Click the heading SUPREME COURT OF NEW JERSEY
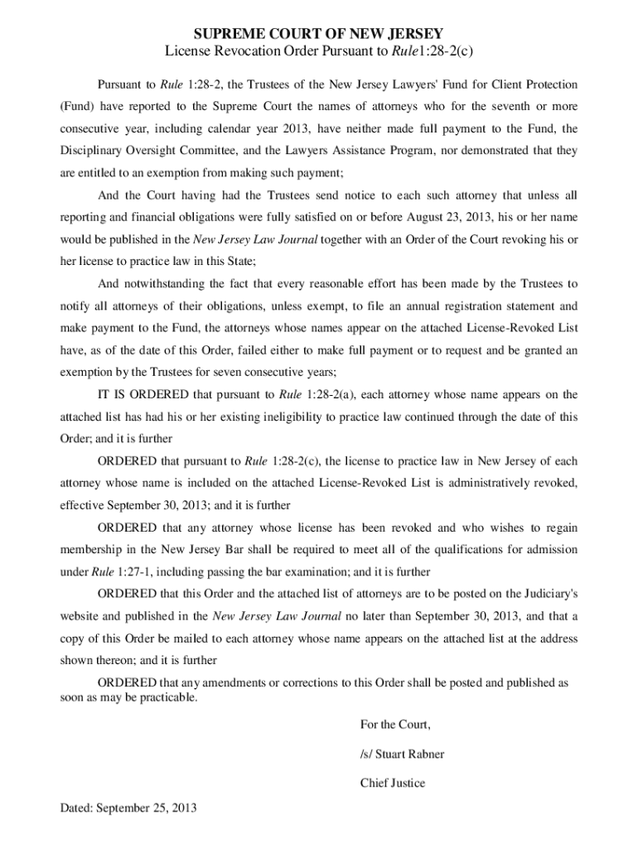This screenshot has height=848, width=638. (318, 34)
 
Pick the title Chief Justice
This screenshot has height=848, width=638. (392, 783)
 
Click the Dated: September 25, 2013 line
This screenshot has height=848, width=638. (128, 808)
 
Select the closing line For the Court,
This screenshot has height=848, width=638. (395, 725)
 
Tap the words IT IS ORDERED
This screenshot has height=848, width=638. (143, 394)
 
